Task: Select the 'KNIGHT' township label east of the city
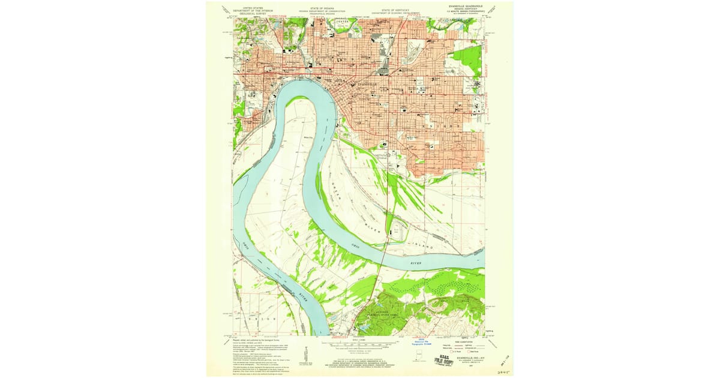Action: (441, 127)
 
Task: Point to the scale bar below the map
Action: (359, 344)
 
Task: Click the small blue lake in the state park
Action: (362, 328)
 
